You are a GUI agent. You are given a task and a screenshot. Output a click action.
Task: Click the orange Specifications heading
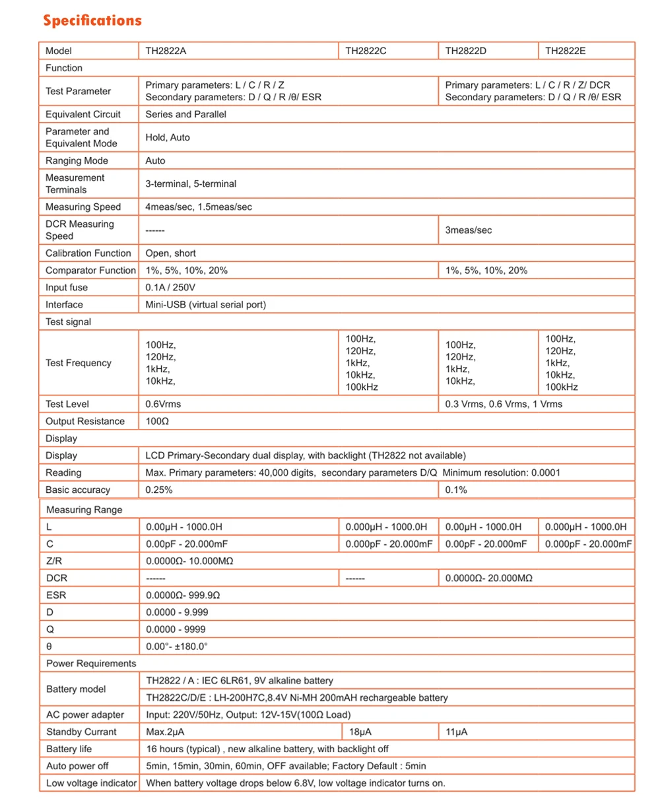[x=92, y=20]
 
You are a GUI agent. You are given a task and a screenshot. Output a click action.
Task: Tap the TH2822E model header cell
[x=566, y=51]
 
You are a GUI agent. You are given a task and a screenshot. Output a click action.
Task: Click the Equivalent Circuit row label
[x=83, y=114]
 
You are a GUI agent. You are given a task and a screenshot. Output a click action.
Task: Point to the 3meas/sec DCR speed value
[x=469, y=230]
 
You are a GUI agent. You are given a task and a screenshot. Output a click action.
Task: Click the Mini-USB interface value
[x=205, y=305]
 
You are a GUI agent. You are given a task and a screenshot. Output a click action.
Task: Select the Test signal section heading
[x=68, y=322]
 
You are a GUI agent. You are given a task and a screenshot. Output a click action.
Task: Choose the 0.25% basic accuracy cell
[x=159, y=490]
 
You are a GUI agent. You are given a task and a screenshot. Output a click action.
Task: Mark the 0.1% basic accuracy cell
[x=457, y=490]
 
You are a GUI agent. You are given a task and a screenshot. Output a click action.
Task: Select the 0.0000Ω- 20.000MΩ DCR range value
[x=489, y=578]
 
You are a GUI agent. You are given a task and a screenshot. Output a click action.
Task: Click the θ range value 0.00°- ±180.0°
[x=177, y=647]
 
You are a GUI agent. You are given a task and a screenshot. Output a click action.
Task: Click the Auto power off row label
[x=77, y=766]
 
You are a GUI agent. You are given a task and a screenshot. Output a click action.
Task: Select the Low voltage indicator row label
[x=91, y=783]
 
